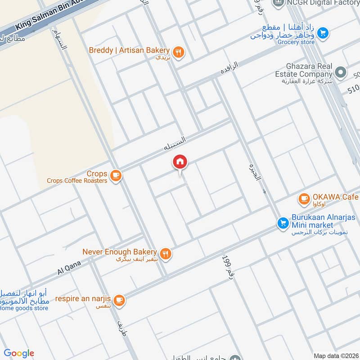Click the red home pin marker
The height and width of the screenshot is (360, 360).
click(x=180, y=162)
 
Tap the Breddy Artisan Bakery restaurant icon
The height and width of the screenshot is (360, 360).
click(x=179, y=53)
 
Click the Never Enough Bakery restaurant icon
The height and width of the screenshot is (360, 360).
click(x=166, y=254)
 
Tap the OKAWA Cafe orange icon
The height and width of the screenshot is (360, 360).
click(x=304, y=198)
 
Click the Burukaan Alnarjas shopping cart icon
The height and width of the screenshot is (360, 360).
click(x=283, y=223)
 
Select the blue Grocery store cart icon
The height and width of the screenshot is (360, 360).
click(x=322, y=33)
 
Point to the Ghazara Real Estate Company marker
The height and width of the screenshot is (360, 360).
click(x=341, y=72)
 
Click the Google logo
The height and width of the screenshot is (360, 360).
click(x=19, y=353)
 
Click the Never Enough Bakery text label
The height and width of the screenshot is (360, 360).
click(x=119, y=252)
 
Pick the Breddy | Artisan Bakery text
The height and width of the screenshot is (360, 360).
click(x=129, y=50)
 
